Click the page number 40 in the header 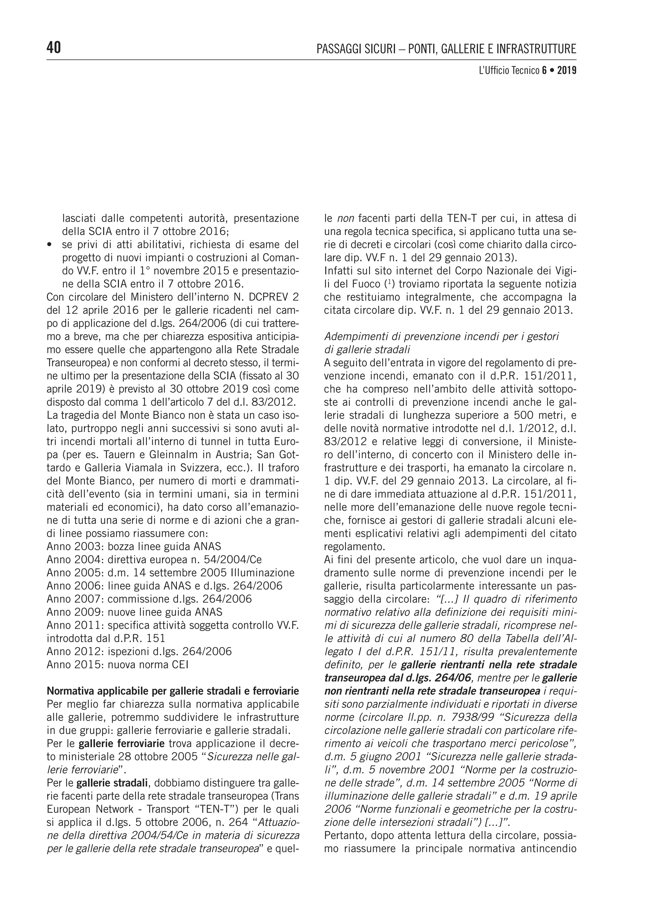pos(54,48)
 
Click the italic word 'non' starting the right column pos(345,218)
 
